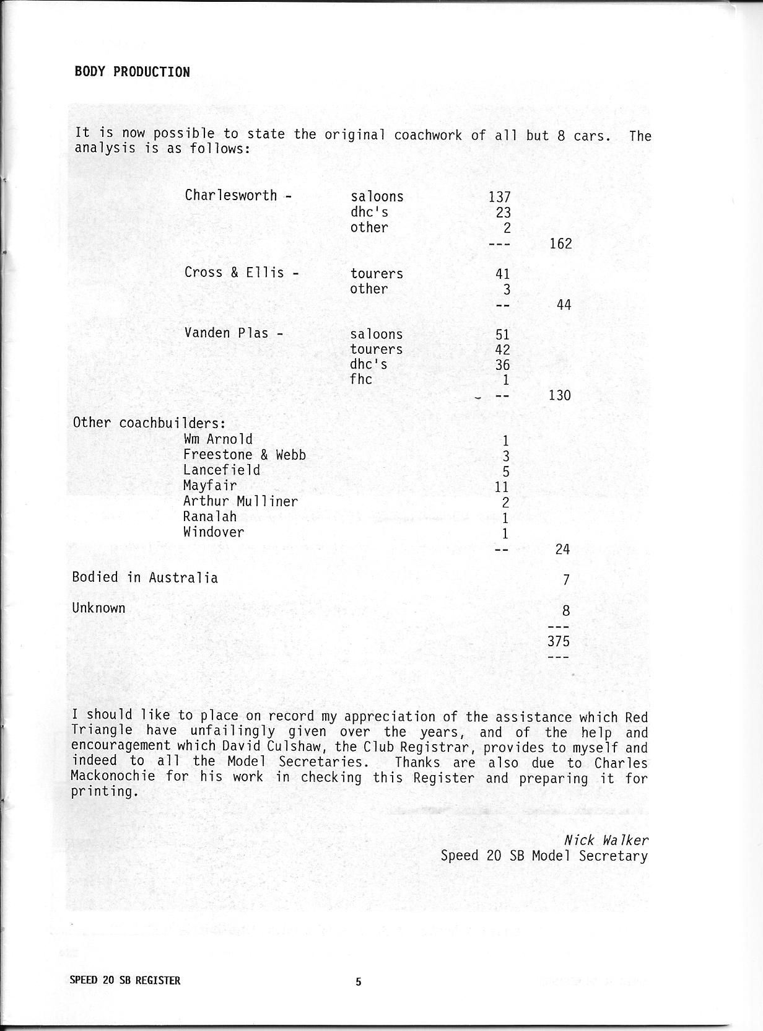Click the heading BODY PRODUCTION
pyautogui.click(x=132, y=72)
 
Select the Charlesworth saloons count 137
pyautogui.click(x=499, y=197)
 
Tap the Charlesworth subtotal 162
pyautogui.click(x=560, y=243)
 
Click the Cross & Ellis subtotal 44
pyautogui.click(x=564, y=305)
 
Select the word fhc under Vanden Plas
pyautogui.click(x=361, y=379)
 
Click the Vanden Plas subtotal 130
pyautogui.click(x=559, y=395)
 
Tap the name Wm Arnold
pyautogui.click(x=218, y=439)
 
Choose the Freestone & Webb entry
pyautogui.click(x=245, y=455)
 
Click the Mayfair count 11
pyautogui.click(x=502, y=487)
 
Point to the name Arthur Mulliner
pyautogui.click(x=240, y=501)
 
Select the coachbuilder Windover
pyautogui.click(x=214, y=532)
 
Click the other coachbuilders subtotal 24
pyautogui.click(x=562, y=549)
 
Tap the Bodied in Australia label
pyautogui.click(x=145, y=577)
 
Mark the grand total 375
pyautogui.click(x=558, y=641)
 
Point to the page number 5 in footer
pyautogui.click(x=358, y=981)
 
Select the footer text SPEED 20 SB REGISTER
pyautogui.click(x=125, y=981)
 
